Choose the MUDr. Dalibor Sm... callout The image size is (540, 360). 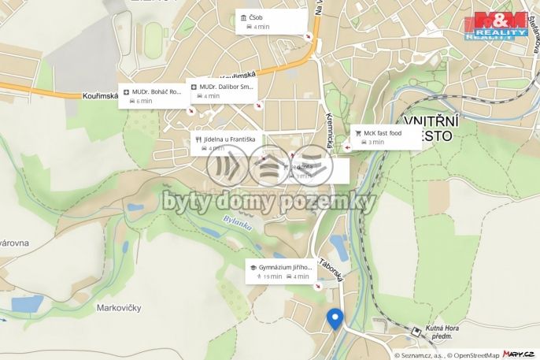click(x=222, y=91)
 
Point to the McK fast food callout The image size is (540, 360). click(x=387, y=137)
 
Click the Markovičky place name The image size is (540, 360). click(x=118, y=307)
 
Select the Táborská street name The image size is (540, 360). click(x=331, y=269)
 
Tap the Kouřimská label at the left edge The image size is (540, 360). click(x=99, y=97)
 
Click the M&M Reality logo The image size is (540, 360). click(x=496, y=26)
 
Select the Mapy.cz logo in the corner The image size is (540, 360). click(x=520, y=354)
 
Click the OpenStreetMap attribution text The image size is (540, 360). click(x=473, y=355)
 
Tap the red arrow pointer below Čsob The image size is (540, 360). click(x=309, y=37)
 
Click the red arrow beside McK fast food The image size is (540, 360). click(x=348, y=147)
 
